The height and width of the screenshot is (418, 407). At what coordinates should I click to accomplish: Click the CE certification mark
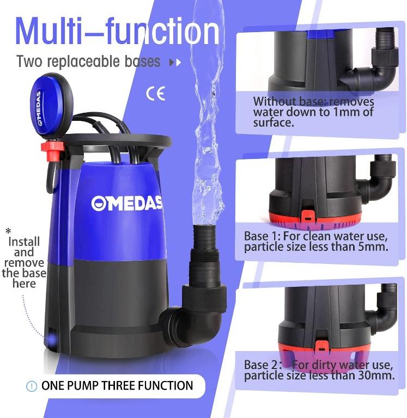pos(155,93)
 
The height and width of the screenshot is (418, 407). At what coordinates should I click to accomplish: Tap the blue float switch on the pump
pos(51,105)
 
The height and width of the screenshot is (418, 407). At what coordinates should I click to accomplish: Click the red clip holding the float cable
pos(52,150)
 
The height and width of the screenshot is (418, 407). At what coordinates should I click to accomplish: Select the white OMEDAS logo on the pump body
pos(126,204)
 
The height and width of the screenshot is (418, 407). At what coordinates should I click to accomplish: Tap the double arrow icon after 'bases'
pos(175,63)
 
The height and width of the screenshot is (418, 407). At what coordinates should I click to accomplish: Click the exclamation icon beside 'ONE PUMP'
pos(32,386)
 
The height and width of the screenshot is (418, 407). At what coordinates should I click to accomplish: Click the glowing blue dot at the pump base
pos(51,339)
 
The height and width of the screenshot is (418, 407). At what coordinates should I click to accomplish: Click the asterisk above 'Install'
pos(9,230)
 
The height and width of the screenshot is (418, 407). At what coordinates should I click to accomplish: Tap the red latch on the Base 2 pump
pos(322,346)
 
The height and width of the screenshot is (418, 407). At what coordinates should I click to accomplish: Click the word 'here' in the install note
pos(24,284)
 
